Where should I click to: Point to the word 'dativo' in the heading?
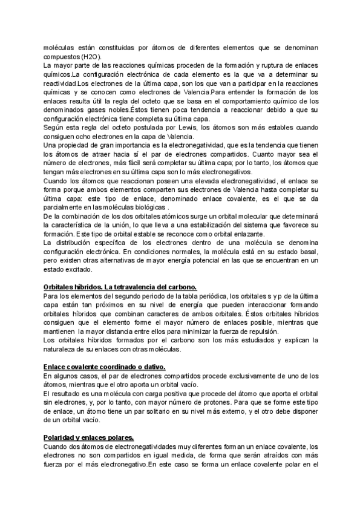click(150, 367)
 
